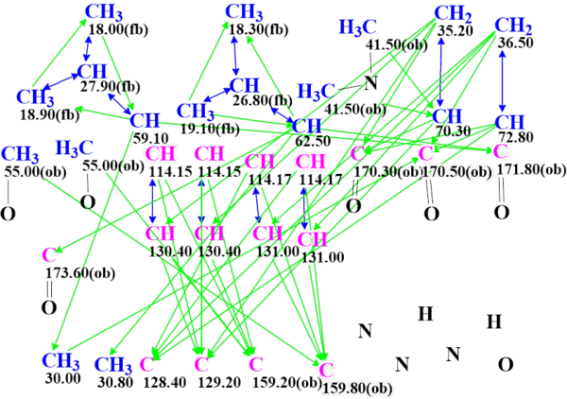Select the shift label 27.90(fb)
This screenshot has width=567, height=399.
tap(109, 87)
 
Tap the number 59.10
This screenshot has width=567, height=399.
tap(144, 136)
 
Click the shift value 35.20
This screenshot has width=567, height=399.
tap(455, 30)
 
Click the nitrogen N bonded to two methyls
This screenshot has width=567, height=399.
tap(370, 83)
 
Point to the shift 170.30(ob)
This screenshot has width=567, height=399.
tap(385, 172)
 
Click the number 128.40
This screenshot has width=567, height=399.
tap(160, 381)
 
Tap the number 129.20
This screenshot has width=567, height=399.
tap(211, 382)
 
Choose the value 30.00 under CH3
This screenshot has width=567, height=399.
tap(60, 378)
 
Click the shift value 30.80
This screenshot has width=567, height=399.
tap(112, 382)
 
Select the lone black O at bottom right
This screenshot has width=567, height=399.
tap(506, 364)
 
